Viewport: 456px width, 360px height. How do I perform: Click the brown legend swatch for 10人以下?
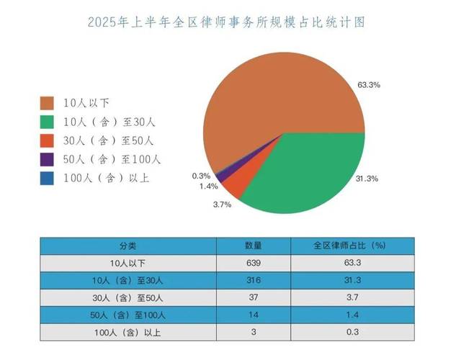coord(47,102)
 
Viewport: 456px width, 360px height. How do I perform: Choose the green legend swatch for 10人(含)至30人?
coord(47,121)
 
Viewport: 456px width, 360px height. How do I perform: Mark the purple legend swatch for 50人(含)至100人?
coord(47,159)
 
